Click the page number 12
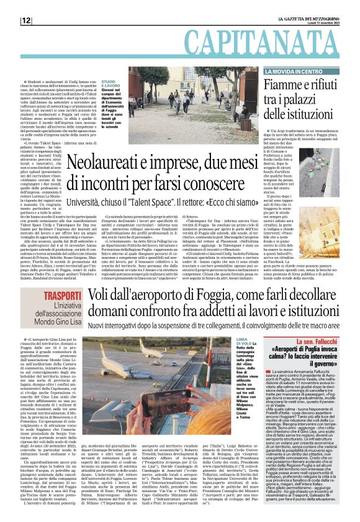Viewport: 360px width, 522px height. (x=26, y=20)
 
